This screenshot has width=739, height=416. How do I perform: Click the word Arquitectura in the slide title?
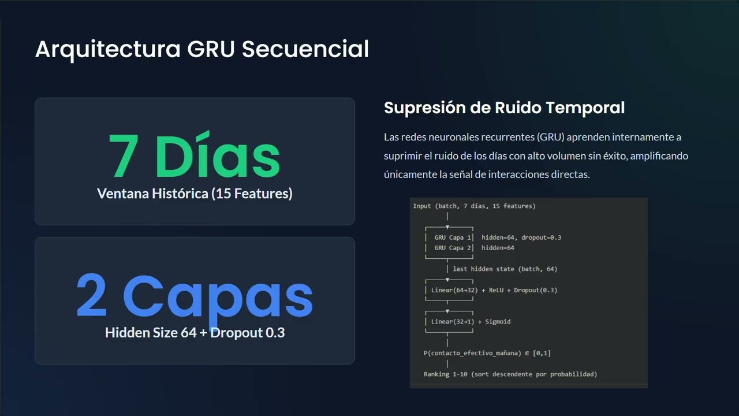107,49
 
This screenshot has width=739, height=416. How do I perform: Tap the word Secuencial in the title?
305,49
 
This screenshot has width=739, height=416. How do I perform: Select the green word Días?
218,156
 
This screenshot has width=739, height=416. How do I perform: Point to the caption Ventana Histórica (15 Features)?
195,194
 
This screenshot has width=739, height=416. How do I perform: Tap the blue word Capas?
218,296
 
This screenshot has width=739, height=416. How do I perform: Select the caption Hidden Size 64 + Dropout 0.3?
195,333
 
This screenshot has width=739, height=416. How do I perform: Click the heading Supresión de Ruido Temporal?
504,107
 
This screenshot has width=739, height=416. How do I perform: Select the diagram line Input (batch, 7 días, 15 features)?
474,206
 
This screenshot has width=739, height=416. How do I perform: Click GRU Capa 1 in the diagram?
453,237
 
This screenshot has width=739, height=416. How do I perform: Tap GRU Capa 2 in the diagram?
453,248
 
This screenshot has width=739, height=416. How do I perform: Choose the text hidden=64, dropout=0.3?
521,237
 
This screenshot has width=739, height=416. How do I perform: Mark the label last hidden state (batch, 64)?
505,269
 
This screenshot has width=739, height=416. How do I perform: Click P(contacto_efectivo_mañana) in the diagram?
476,353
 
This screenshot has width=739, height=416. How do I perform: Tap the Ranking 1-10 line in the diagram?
510,374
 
